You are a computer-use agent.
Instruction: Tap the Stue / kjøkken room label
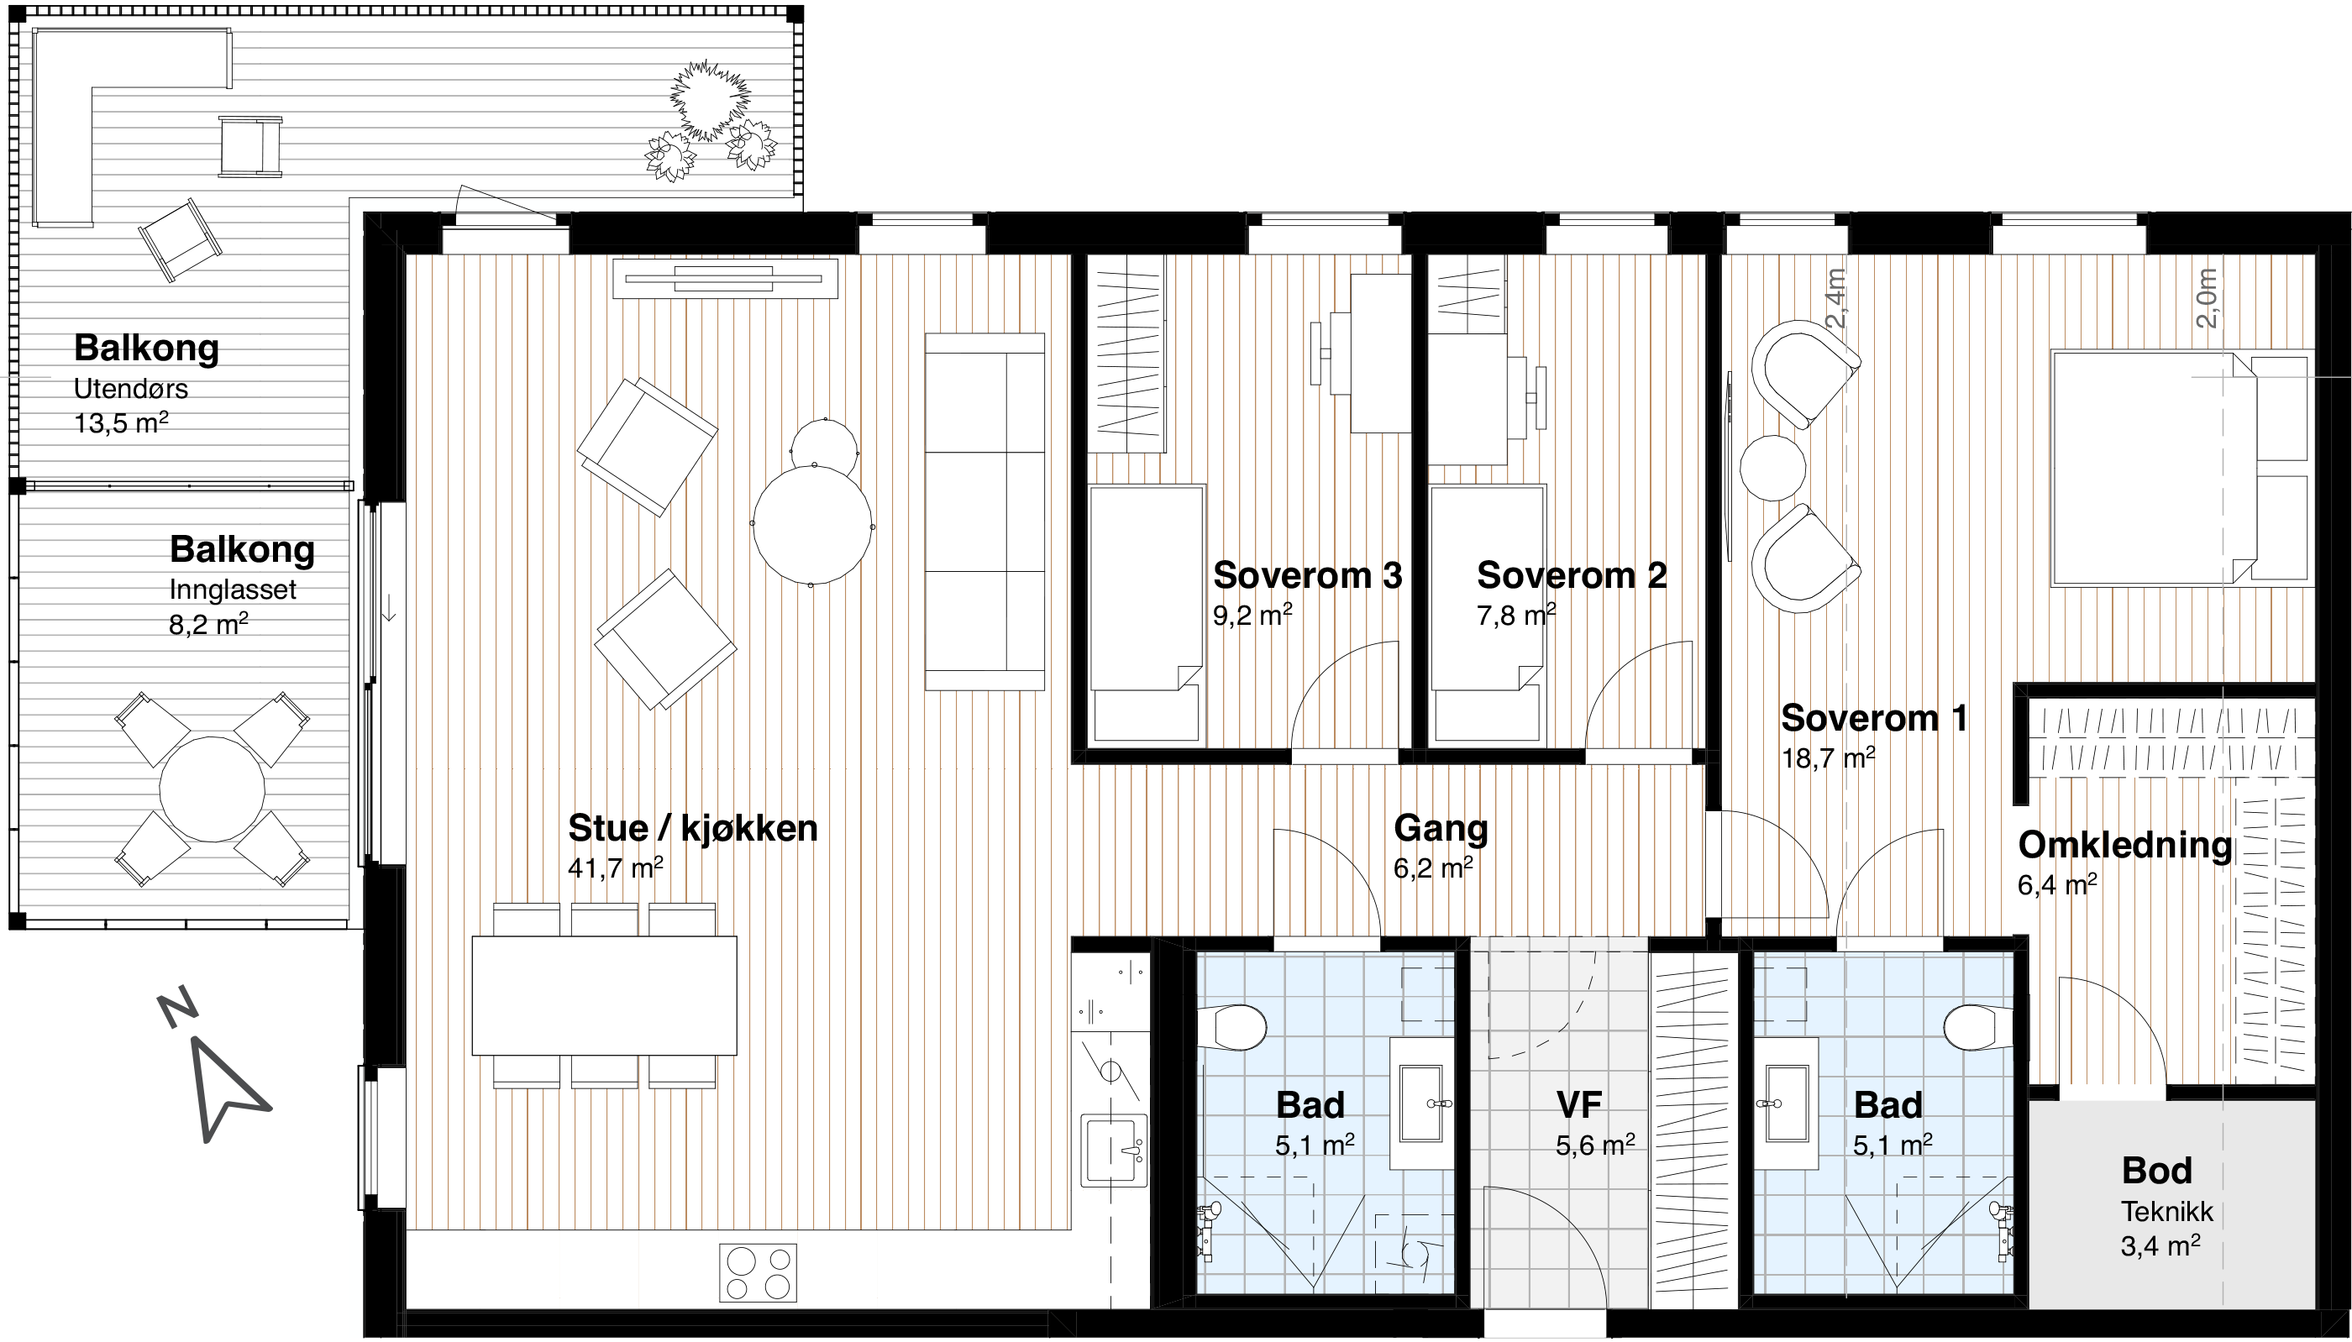pos(692,828)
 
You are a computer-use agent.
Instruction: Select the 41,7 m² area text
pos(615,868)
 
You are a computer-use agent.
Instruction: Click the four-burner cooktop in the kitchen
pos(758,1273)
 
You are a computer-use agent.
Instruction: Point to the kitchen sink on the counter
pos(1114,1150)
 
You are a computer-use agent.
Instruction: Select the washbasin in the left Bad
pos(1421,1103)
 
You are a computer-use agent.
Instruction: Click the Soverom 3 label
pos(1307,575)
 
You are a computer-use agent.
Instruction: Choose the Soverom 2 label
pos(1572,575)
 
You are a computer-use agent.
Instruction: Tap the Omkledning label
pos(2124,845)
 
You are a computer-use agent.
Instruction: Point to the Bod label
pos(2156,1171)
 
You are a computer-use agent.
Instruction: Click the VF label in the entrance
pos(1578,1104)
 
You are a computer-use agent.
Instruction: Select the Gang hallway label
pos(1441,828)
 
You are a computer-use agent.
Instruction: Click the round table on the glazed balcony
pos(212,789)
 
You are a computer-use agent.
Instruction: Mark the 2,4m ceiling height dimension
pos(1836,298)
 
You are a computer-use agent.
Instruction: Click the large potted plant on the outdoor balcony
pos(710,101)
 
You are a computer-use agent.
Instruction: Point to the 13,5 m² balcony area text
pos(121,423)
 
